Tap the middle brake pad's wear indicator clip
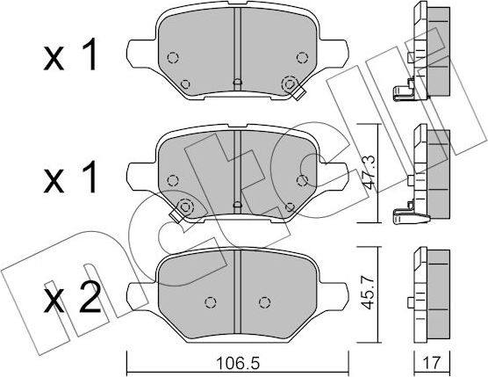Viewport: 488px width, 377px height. [183, 209]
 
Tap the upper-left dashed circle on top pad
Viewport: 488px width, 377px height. [172, 58]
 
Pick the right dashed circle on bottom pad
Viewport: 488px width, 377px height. [261, 301]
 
